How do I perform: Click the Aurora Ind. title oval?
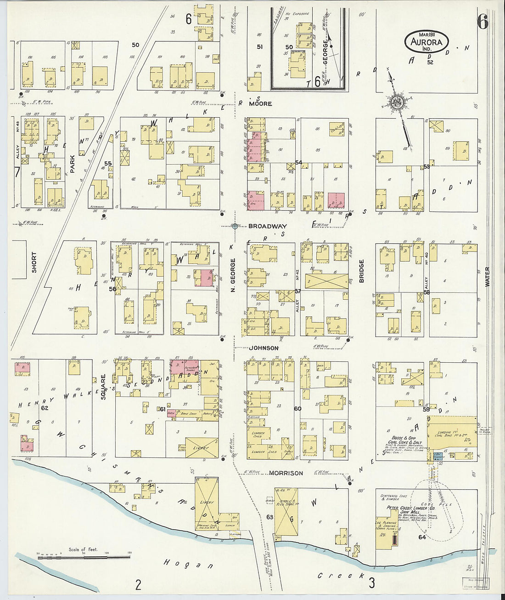427,42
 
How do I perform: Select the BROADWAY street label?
268,226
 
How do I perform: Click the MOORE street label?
260,104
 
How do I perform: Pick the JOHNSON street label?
264,348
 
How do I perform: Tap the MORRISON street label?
286,473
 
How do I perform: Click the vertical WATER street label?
487,277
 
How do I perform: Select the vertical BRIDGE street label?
361,271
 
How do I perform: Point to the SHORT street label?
34,263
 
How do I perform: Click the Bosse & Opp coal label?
404,439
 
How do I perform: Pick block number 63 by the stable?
269,517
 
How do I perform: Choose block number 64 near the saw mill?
422,537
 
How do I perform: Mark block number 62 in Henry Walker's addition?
45,408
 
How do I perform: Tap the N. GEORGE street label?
233,275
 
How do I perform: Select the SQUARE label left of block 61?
103,386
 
